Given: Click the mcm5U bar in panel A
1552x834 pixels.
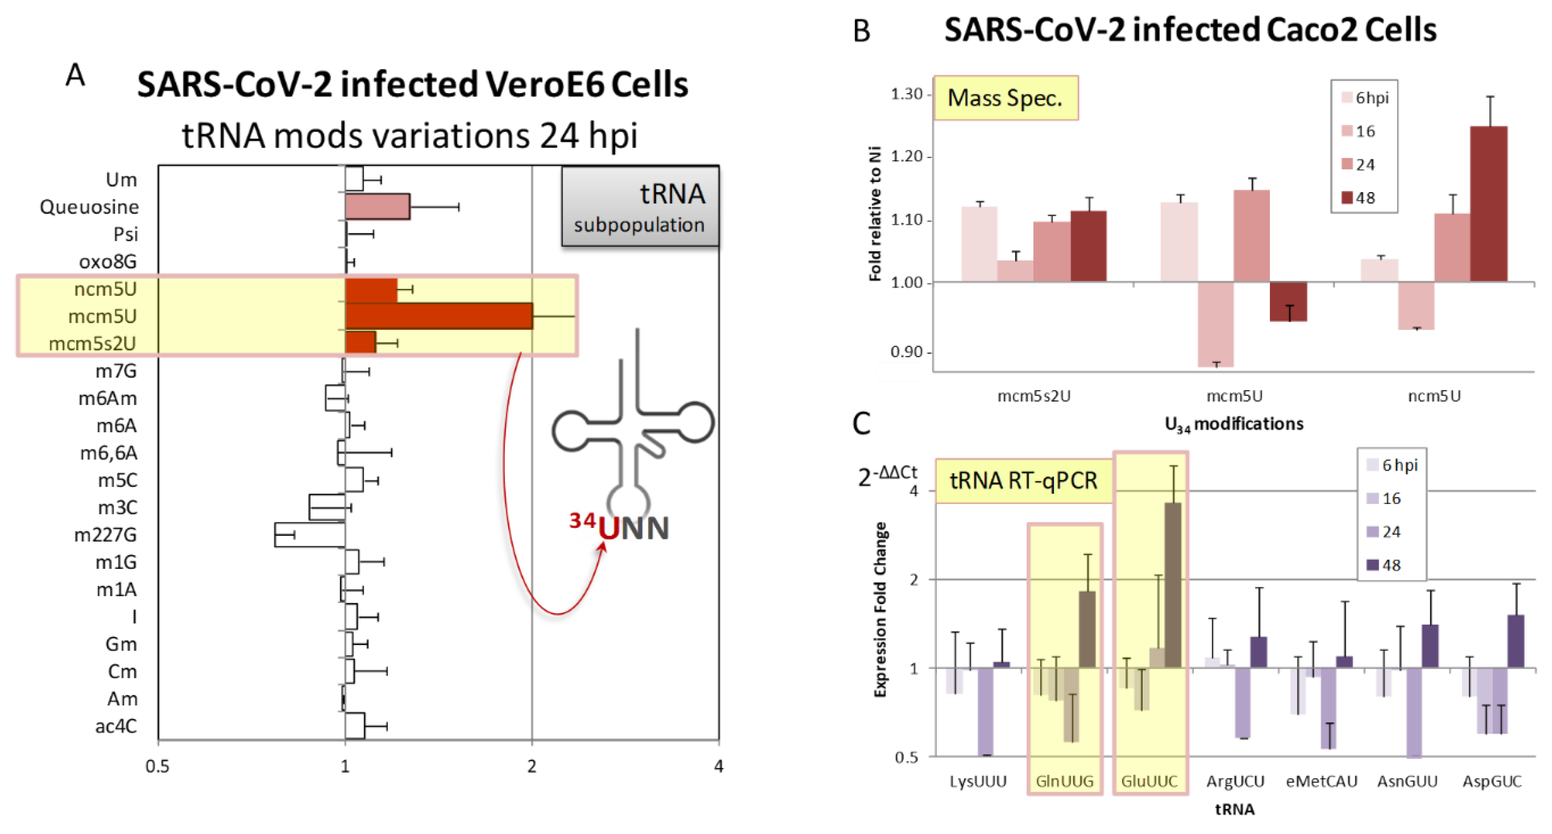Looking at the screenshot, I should pos(439,316).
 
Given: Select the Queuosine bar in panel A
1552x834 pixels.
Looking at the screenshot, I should pos(377,207).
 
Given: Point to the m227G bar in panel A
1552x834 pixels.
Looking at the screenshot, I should pos(309,535).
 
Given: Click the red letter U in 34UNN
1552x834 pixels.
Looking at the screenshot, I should pos(608,528).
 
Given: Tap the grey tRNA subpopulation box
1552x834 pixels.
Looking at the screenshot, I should pos(640,207).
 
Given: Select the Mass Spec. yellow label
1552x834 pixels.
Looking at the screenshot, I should pos(1005,98).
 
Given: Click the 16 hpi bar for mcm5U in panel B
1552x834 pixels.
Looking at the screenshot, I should pos(1215,324).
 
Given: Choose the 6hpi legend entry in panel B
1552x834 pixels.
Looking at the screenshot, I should pos(1365,98).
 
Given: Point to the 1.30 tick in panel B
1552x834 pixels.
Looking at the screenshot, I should pos(907,94).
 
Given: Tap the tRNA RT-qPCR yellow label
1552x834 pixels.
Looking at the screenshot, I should pos(1023,481).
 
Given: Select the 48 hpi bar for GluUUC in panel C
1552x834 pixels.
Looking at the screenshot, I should pos(1173,584).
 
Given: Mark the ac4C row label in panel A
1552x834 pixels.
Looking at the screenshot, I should pos(116,726).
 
